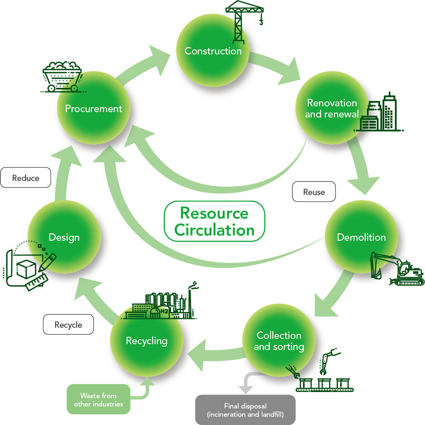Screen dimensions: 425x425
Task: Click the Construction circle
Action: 213,51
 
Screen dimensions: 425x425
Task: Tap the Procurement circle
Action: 94,109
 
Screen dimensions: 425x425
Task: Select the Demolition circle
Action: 361,237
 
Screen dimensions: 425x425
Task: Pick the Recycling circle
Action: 146,341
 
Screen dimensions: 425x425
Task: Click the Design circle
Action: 64,237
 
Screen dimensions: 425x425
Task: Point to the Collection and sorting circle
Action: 279,341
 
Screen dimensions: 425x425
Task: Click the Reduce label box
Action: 26,178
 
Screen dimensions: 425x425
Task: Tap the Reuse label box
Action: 314,192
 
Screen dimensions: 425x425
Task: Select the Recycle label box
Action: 68,325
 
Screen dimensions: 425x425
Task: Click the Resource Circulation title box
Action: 214,221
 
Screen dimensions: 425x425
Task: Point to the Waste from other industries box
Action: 98,399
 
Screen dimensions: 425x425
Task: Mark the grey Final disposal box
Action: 245,410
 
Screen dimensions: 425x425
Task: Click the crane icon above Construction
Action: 243,21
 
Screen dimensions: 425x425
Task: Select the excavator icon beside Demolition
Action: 396,270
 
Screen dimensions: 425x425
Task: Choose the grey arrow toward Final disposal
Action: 247,381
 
